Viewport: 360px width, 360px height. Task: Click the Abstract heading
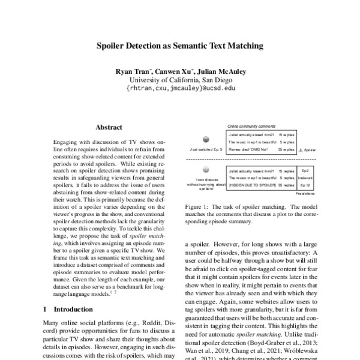pos(109,127)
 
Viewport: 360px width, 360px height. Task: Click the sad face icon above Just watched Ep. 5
pos(206,139)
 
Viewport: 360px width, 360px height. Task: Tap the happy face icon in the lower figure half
pos(206,170)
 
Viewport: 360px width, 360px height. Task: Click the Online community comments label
pos(251,127)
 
